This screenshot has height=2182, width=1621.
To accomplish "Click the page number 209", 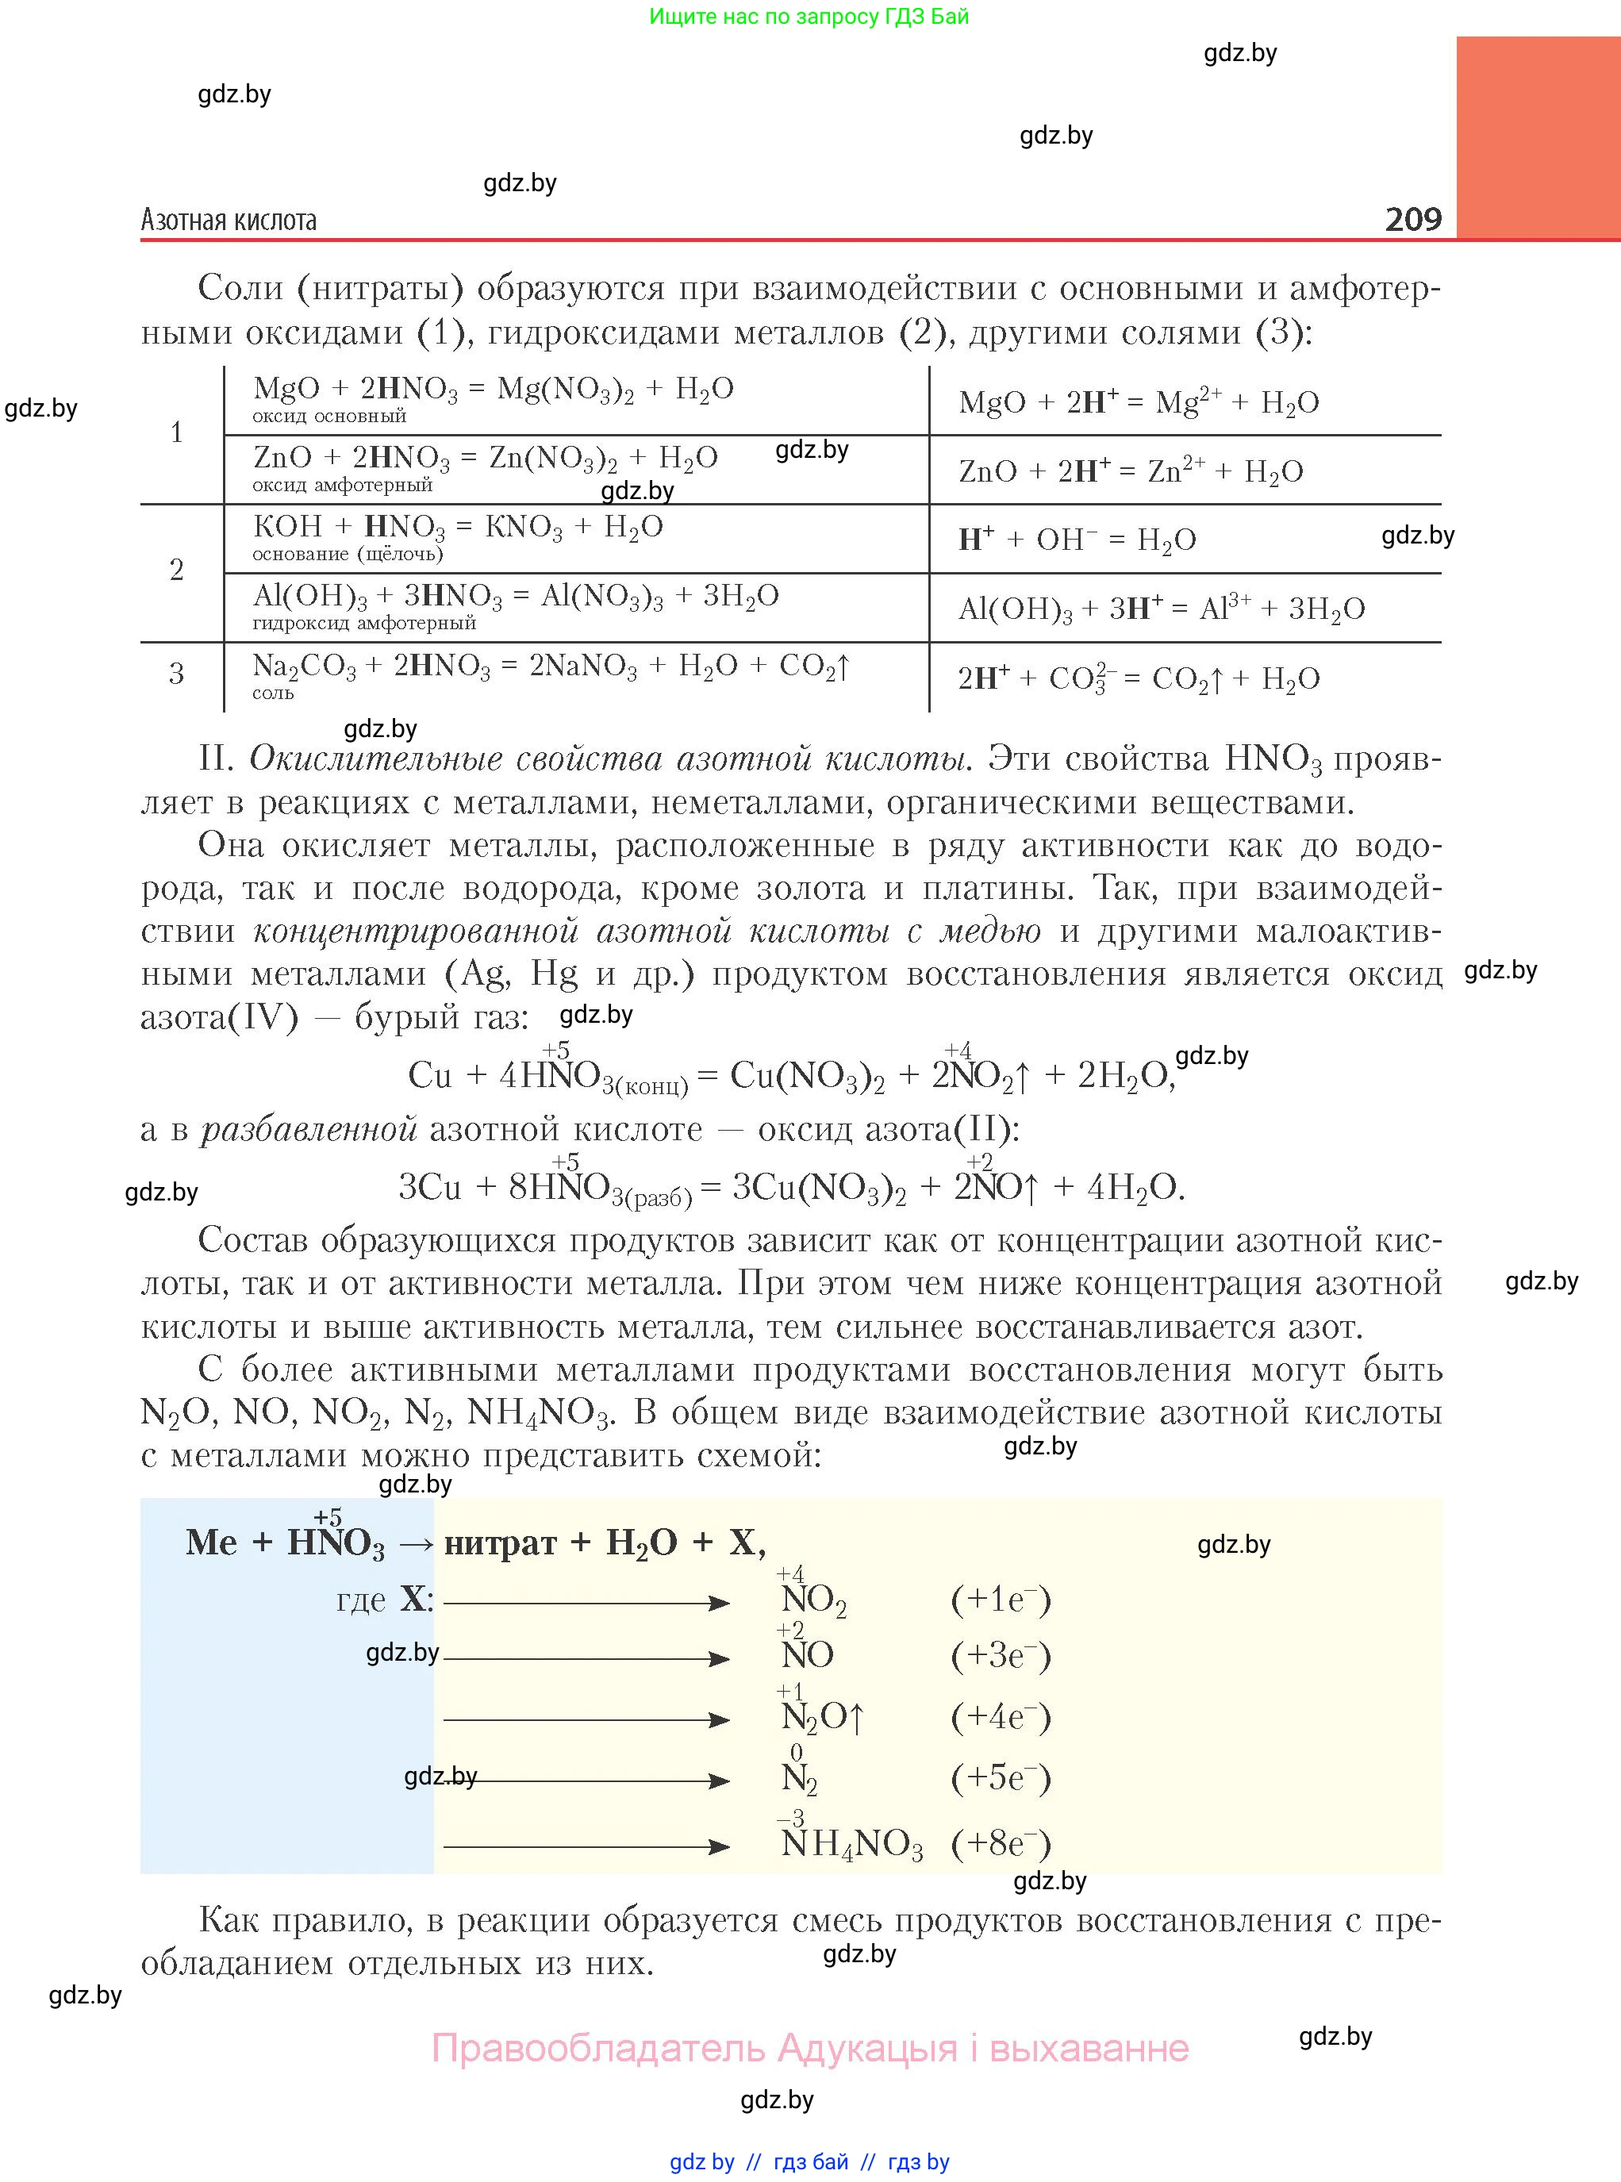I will [1413, 218].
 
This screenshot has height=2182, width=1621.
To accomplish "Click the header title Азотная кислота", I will [229, 220].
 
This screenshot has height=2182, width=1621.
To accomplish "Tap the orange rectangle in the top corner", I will [1537, 137].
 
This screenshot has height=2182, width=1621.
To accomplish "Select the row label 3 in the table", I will [177, 674].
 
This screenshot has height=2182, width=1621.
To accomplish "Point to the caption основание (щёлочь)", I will [348, 555].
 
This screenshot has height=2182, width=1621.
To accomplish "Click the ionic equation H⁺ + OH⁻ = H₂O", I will [1077, 540].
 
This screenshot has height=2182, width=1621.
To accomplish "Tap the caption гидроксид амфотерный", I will [364, 623].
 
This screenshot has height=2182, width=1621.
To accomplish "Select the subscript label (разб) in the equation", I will [659, 1199].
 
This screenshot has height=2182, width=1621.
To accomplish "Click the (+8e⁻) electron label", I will [1000, 1845].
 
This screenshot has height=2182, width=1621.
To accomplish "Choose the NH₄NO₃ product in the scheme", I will [851, 1845].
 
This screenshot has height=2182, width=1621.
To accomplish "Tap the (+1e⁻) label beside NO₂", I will [1000, 1600].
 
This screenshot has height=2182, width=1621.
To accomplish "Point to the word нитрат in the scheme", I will [501, 1543].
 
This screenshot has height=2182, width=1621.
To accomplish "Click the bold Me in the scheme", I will [211, 1542].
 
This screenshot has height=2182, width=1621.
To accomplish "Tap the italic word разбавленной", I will [309, 1129].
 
